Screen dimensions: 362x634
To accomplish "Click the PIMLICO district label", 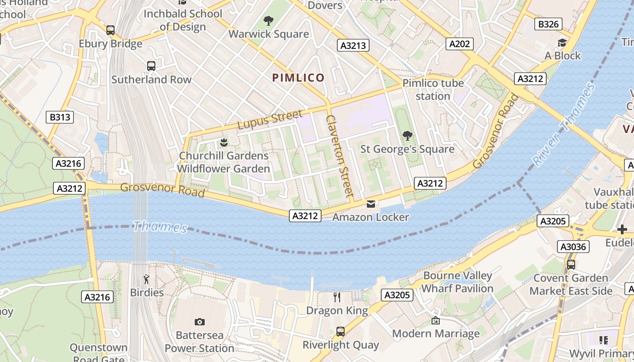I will [x=298, y=77].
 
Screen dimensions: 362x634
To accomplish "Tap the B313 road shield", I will [x=60, y=117].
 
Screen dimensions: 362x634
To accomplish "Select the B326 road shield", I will [x=548, y=24].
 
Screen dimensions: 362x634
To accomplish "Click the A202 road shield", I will [x=460, y=43].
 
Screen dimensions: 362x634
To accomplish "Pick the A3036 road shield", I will [x=573, y=247].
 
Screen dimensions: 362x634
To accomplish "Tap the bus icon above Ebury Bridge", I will [x=110, y=30].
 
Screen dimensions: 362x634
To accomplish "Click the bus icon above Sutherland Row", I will [x=151, y=66].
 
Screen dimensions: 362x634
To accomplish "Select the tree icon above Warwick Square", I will [x=269, y=20].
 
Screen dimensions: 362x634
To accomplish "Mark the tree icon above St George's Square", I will [x=407, y=135].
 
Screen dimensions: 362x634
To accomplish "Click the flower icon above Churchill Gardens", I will [x=223, y=143].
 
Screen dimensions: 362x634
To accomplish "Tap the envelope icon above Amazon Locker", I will [x=371, y=204].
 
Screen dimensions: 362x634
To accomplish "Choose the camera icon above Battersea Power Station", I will [x=199, y=322].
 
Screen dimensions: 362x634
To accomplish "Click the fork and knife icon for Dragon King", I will [x=337, y=297].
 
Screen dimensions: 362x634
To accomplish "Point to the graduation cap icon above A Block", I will [x=562, y=43].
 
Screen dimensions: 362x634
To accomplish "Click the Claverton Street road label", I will [x=339, y=156].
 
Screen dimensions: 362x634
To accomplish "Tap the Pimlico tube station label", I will [x=433, y=90].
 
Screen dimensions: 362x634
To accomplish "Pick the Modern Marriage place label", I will [x=436, y=333].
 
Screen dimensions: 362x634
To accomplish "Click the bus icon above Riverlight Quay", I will [x=341, y=332].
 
